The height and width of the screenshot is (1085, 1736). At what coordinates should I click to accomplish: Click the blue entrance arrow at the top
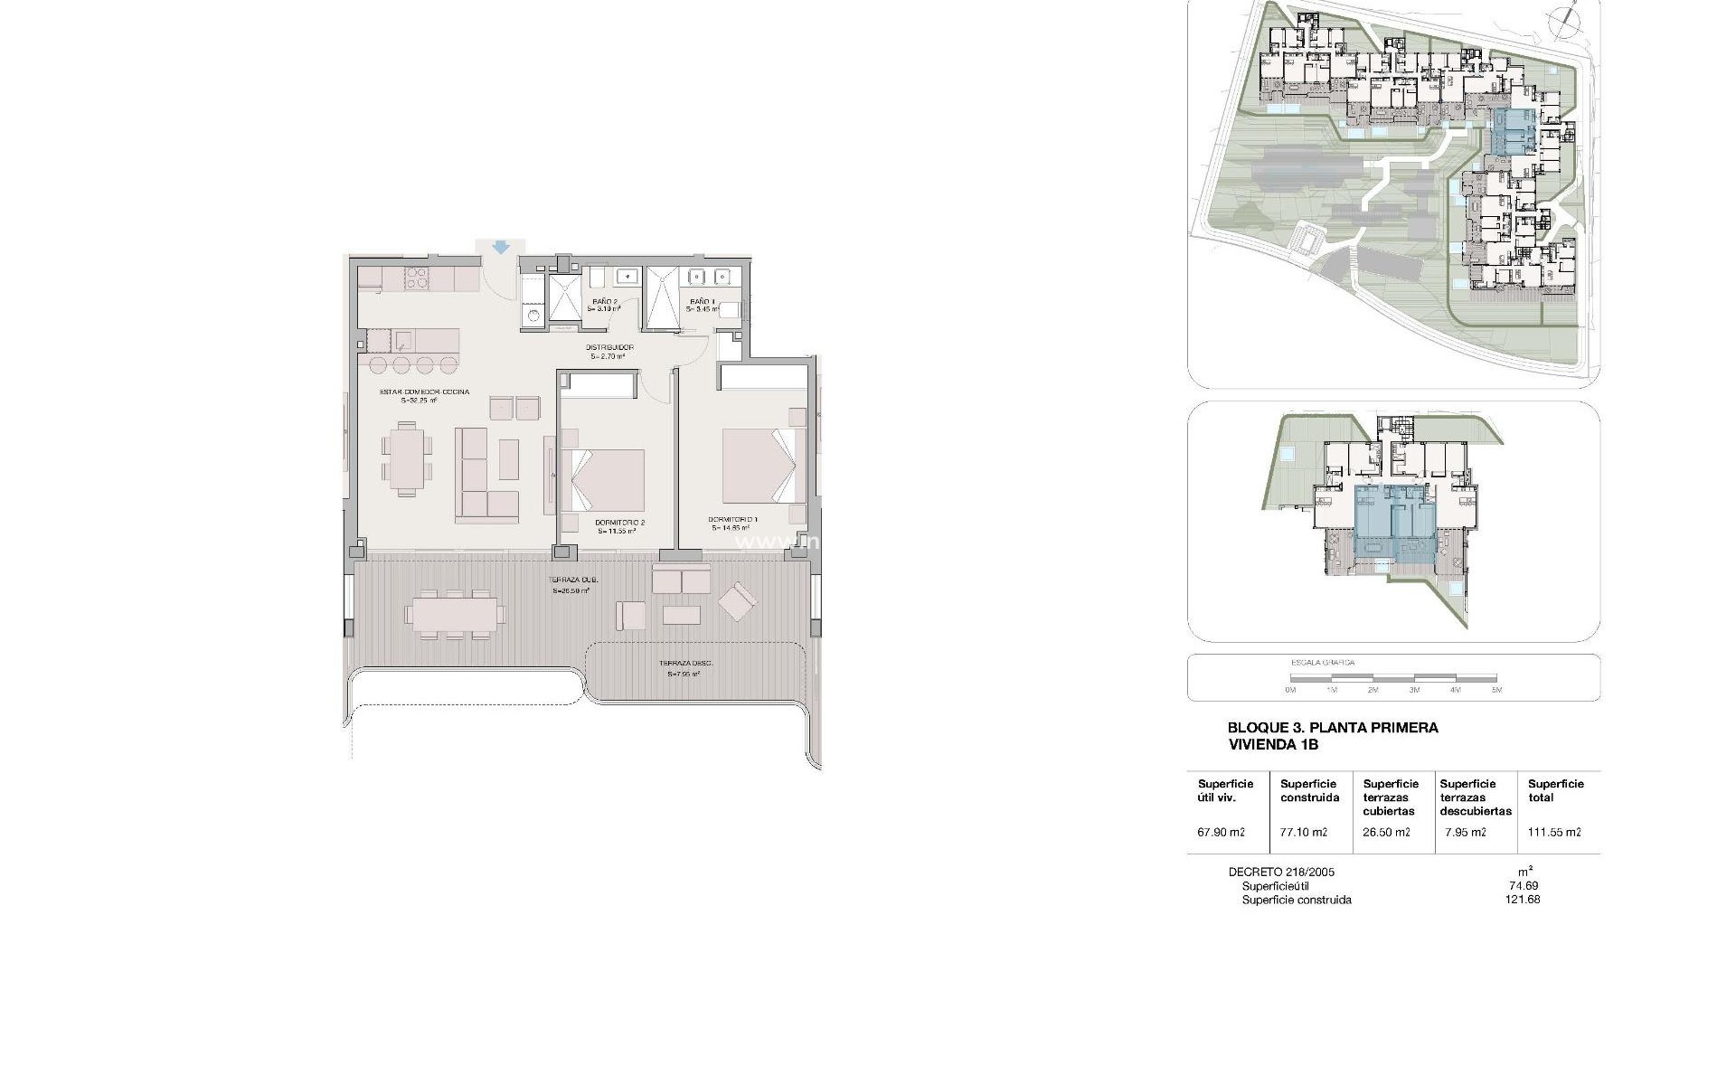coord(501,247)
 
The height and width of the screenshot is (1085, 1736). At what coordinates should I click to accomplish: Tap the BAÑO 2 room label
coord(604,302)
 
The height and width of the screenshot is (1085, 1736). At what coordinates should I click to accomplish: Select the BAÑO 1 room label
coord(702,302)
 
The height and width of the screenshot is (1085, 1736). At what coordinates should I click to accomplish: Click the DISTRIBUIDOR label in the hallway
coord(609,348)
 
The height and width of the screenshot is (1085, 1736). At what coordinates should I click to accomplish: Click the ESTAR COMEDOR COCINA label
coord(423,392)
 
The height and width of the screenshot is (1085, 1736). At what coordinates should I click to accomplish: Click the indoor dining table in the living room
coord(405,458)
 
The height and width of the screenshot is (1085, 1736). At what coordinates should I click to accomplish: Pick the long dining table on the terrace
coord(456,613)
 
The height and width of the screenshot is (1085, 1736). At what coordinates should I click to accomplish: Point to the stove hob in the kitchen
coord(416,278)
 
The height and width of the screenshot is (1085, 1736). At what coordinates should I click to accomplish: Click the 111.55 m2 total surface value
coord(1554,833)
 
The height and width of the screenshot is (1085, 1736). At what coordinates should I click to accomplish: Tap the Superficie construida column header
coord(1308,791)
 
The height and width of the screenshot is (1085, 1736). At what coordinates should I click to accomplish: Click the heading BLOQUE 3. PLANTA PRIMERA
coord(1332,728)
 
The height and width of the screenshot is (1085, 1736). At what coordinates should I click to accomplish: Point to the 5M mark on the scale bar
coord(1496,690)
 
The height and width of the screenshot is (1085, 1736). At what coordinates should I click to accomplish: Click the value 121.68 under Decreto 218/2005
coord(1524,900)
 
